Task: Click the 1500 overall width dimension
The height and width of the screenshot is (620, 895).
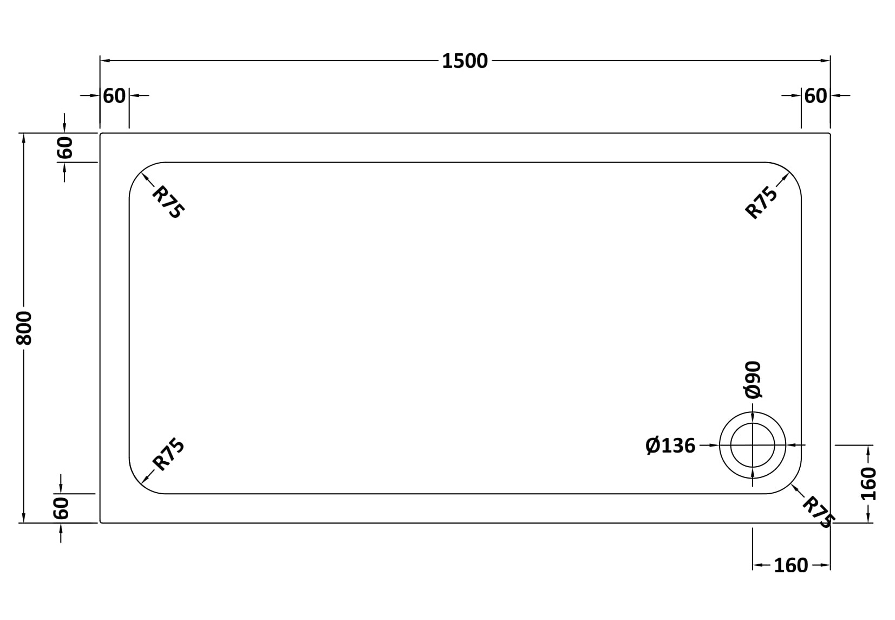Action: point(465,61)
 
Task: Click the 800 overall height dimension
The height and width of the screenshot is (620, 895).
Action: point(24,328)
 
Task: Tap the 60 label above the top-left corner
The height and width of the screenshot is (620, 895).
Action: point(114,96)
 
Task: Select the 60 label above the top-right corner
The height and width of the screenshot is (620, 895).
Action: point(816,96)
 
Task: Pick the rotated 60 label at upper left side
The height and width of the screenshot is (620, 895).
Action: point(64,147)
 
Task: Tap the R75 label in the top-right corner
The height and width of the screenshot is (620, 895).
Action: point(762,202)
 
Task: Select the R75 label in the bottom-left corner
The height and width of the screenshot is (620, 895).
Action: point(168,454)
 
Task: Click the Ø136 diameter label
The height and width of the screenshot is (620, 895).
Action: point(670,445)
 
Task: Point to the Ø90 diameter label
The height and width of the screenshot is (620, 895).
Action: point(753,380)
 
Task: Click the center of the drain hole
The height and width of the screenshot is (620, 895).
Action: point(753,445)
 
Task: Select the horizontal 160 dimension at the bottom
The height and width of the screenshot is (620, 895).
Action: point(791,565)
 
